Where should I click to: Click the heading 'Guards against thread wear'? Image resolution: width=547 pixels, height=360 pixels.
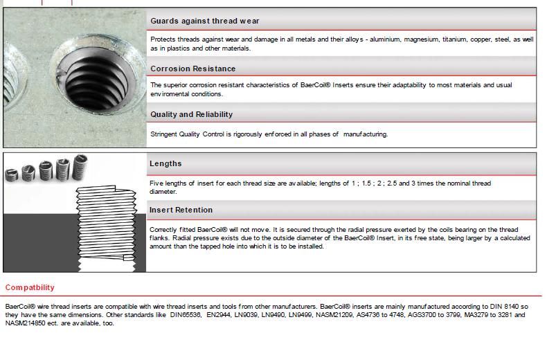[205, 21]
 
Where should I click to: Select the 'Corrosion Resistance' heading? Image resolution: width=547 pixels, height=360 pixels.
[193, 69]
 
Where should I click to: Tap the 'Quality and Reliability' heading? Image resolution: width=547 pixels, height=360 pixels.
[192, 114]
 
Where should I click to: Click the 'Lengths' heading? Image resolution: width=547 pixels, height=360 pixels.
[165, 163]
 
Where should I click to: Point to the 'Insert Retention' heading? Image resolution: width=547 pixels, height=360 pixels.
[181, 210]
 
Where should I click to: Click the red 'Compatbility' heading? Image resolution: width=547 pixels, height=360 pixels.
[30, 287]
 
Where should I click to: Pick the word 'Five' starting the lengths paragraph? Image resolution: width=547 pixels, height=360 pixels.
[156, 183]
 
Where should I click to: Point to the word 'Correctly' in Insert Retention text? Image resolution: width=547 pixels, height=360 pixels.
[165, 230]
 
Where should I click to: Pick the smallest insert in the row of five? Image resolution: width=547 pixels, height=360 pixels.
[12, 174]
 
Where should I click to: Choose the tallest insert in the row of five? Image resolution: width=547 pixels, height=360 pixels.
[80, 166]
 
